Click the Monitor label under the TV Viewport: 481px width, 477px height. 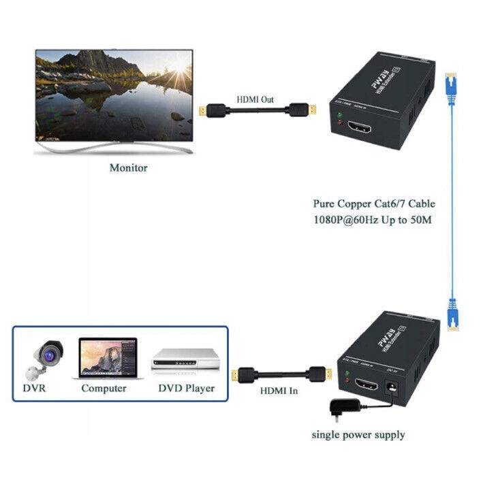(128, 167)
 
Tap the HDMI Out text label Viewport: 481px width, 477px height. (255, 99)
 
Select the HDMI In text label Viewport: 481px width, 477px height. (279, 391)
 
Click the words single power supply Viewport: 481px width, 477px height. (358, 434)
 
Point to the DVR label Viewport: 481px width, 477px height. (35, 389)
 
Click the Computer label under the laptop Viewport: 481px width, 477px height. (104, 389)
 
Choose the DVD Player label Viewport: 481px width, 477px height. (186, 389)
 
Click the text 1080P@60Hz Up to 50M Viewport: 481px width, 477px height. (373, 220)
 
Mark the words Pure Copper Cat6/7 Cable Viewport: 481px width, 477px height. (373, 203)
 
